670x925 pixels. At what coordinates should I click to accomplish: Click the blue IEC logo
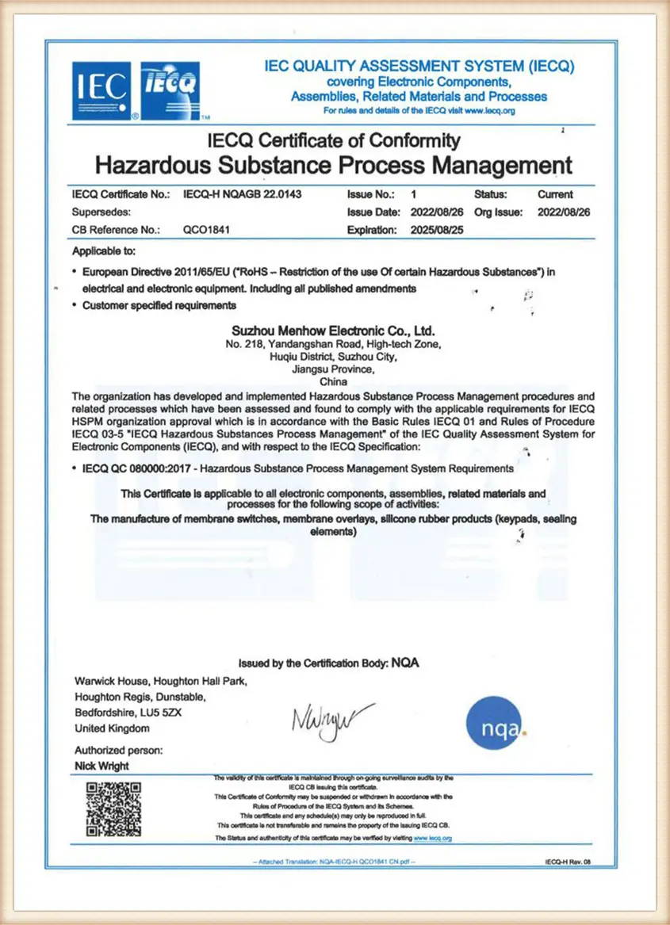click(x=101, y=90)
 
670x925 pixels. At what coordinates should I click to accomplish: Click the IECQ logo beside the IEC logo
click(x=170, y=90)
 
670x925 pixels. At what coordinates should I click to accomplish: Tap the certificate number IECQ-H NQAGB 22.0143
click(x=242, y=194)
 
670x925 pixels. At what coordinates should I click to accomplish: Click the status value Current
click(x=555, y=194)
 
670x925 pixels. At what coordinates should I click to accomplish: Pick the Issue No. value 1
click(x=414, y=194)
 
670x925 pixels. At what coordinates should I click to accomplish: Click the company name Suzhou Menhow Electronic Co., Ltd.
click(x=333, y=330)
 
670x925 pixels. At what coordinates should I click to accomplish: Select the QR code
click(x=113, y=809)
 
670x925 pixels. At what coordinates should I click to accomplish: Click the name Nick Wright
click(x=101, y=766)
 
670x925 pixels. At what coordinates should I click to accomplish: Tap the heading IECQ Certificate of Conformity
click(x=333, y=141)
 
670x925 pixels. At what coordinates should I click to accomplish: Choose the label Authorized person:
click(x=119, y=750)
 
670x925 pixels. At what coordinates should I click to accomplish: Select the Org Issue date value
click(x=565, y=212)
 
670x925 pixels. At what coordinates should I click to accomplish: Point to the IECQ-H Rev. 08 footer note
click(x=568, y=860)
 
